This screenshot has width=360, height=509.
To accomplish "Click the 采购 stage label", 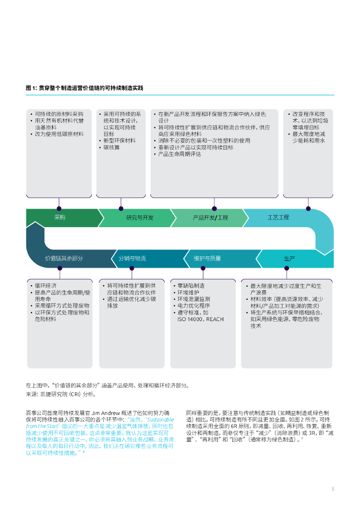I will click(60, 218).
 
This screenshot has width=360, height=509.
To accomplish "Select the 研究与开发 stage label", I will click(140, 218).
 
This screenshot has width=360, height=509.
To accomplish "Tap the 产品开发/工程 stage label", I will click(210, 218).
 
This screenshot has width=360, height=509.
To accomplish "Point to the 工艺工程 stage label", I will click(278, 218).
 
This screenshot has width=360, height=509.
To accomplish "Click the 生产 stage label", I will click(289, 258).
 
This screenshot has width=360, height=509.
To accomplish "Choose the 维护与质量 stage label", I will click(207, 258).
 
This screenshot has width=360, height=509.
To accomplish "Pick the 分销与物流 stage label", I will click(132, 258).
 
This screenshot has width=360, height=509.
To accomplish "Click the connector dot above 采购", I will click(59, 208).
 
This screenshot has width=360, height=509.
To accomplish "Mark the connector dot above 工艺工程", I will click(308, 208).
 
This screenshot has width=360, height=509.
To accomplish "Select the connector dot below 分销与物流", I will click(132, 268).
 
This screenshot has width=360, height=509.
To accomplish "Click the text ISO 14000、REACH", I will click(200, 319).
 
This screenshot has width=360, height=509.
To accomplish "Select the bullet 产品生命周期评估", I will click(180, 155).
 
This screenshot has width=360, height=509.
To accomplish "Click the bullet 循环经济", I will click(46, 286).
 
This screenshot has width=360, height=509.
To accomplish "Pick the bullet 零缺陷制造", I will click(191, 286).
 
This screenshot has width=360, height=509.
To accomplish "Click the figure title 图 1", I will click(85, 88).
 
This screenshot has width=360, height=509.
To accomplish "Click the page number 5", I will click(333, 489).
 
